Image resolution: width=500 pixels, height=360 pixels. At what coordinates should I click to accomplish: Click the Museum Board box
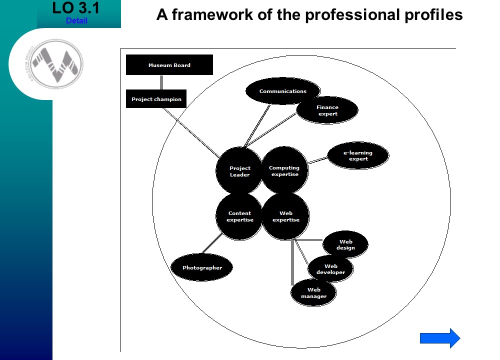click(169, 65)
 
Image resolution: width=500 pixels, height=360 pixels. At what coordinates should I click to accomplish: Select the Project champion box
click(156, 99)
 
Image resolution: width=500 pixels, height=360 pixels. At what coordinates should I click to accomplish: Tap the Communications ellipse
click(283, 91)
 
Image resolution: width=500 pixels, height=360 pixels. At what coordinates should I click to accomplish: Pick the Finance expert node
click(327, 110)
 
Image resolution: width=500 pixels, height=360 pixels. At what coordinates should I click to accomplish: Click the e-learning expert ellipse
click(358, 155)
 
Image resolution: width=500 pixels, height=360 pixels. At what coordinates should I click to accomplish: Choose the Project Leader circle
click(239, 171)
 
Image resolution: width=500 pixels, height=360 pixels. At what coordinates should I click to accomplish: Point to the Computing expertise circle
click(284, 171)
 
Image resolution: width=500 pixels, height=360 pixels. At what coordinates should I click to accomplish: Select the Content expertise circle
click(239, 216)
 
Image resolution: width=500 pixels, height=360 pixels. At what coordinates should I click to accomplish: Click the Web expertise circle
click(286, 216)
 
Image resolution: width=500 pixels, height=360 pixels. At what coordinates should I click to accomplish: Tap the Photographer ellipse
click(202, 267)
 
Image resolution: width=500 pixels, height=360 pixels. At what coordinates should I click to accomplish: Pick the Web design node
click(345, 244)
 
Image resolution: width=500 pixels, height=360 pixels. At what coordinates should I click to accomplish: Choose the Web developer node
click(330, 269)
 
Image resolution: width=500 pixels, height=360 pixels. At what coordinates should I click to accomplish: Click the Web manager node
click(313, 292)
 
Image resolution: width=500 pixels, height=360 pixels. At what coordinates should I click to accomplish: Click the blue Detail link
click(76, 21)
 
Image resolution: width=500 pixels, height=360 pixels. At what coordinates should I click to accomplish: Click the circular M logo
click(56, 64)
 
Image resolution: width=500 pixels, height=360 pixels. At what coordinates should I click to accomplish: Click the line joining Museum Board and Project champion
click(161, 82)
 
